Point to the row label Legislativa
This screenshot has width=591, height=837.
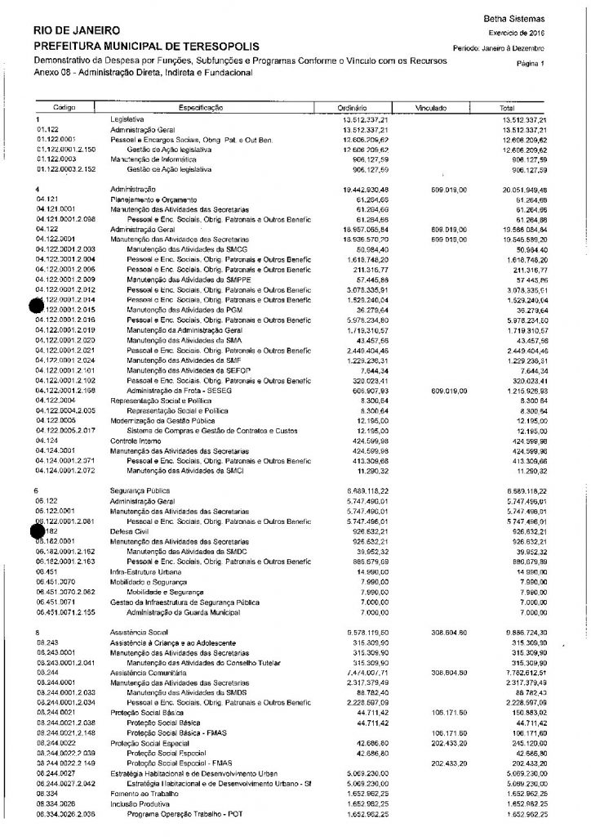(127, 120)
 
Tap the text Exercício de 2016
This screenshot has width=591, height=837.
(517, 33)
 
